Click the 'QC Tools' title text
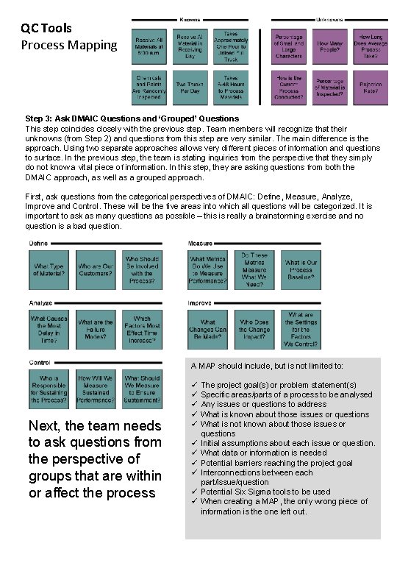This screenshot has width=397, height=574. coord(46,28)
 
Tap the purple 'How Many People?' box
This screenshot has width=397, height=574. coord(335,45)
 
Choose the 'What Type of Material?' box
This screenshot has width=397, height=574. coord(49,269)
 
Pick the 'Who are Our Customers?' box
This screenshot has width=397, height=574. coord(96,269)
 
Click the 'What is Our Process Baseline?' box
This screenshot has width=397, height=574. coord(301,269)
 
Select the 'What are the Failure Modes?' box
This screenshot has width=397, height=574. coord(96,327)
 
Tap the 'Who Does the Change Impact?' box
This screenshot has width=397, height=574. coord(254,327)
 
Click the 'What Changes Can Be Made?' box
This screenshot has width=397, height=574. coord(208,327)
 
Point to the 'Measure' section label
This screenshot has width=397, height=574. coord(200,244)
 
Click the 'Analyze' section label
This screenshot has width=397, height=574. coord(41,302)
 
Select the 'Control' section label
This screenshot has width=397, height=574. coord(40,362)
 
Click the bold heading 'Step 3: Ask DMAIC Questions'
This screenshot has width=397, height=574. coord(132,118)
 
